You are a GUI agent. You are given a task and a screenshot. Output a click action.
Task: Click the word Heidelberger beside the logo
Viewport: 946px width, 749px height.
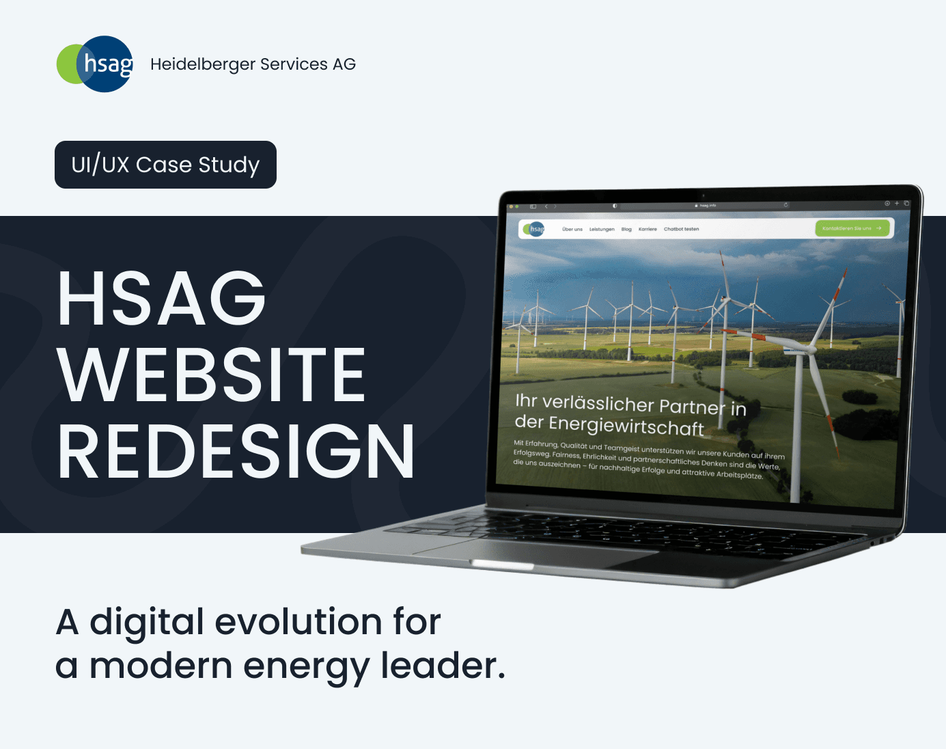click(x=202, y=64)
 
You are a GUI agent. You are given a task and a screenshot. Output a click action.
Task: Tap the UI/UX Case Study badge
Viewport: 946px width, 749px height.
click(x=165, y=165)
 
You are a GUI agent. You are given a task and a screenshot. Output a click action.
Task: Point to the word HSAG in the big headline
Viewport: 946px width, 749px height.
click(x=161, y=299)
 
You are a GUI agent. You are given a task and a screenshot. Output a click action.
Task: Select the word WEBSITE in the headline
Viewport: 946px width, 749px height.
click(x=212, y=374)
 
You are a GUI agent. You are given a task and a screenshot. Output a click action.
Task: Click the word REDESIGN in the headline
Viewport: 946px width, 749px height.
click(x=236, y=452)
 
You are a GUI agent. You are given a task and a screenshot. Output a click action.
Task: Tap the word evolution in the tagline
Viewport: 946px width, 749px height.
click(x=298, y=622)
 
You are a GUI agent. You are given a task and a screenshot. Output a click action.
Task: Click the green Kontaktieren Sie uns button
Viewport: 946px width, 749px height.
click(x=852, y=228)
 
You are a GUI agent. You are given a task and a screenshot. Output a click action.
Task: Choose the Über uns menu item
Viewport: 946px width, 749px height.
click(x=572, y=230)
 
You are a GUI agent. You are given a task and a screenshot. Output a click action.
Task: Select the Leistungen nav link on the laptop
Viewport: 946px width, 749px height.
click(x=602, y=230)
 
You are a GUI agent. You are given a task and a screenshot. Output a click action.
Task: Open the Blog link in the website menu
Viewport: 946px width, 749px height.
click(x=626, y=230)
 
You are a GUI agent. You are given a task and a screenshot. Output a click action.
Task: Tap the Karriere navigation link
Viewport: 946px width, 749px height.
click(x=648, y=230)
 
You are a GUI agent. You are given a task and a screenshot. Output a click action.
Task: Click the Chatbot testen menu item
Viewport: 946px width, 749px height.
click(x=681, y=230)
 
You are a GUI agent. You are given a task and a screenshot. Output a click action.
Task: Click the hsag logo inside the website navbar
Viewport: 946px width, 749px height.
click(x=534, y=229)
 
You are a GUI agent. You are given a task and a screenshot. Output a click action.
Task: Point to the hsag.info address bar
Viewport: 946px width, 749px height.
click(x=706, y=205)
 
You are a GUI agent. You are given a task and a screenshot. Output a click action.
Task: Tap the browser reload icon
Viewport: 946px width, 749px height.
click(x=786, y=204)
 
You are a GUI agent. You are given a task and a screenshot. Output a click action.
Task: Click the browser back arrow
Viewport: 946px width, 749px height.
click(x=546, y=206)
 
